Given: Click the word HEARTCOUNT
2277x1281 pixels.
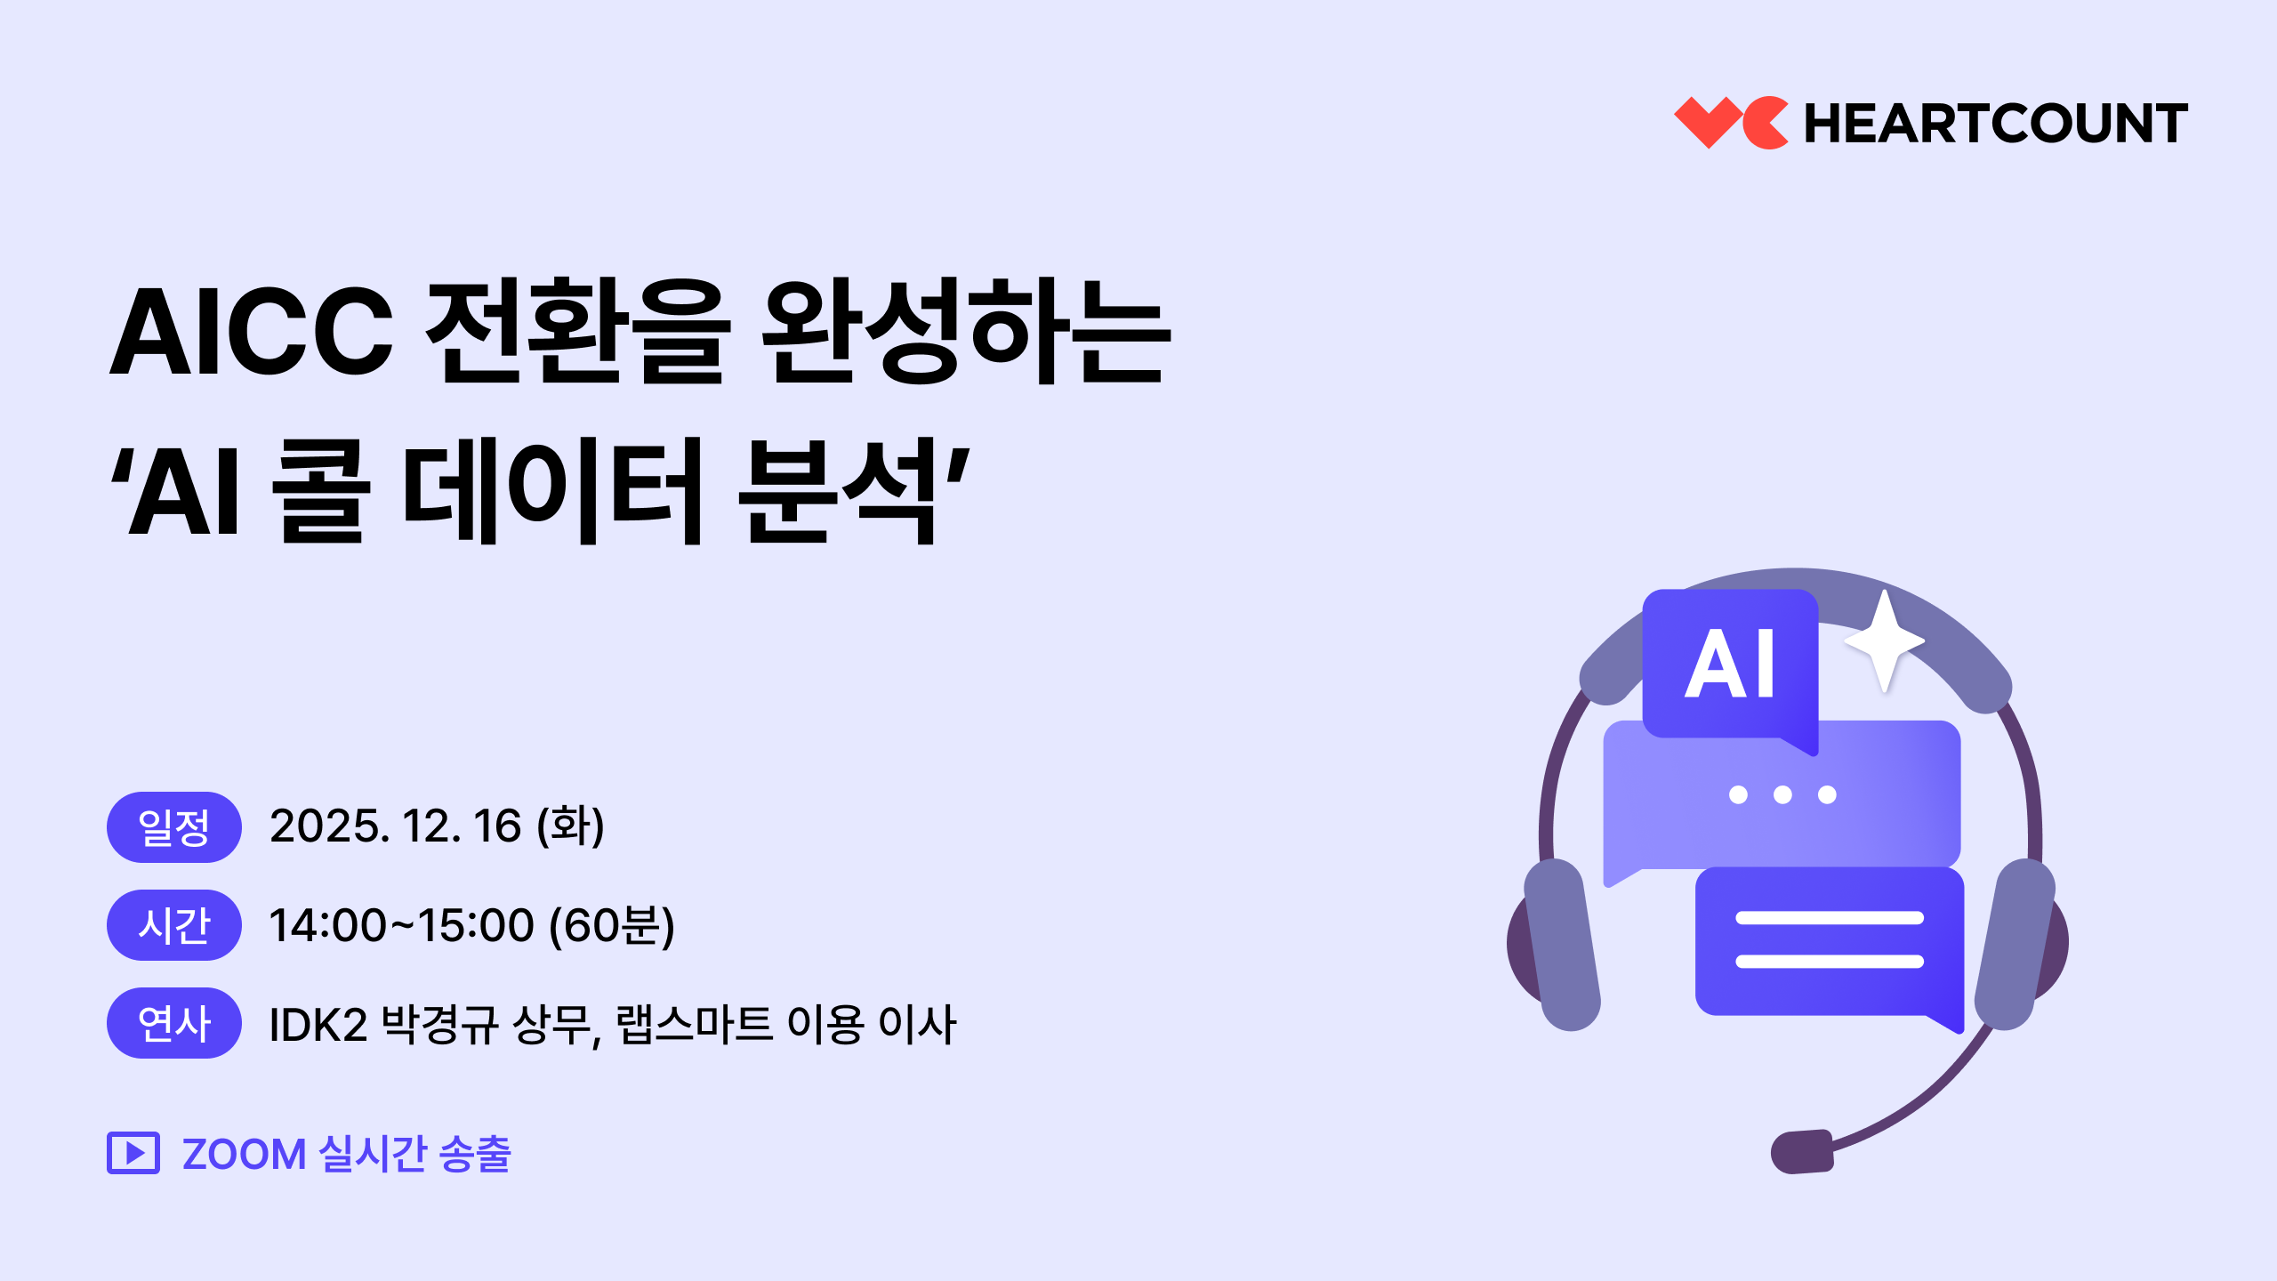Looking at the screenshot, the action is tap(1996, 124).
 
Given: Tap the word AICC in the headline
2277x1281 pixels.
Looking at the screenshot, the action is tap(251, 332).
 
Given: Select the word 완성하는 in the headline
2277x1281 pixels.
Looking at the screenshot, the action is tap(967, 331).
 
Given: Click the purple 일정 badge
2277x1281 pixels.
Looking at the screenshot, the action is tap(174, 827).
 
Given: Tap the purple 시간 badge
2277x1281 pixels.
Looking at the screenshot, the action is tap(174, 925).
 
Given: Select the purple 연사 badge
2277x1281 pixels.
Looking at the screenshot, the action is tap(174, 1023).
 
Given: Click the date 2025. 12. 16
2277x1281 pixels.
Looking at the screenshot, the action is tap(396, 826).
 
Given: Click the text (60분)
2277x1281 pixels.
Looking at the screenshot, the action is tap(612, 925).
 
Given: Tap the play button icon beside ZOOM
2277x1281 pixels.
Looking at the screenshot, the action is tap(133, 1153).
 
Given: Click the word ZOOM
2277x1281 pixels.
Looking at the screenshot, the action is tap(245, 1154).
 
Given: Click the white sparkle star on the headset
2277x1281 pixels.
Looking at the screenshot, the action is tap(1884, 640).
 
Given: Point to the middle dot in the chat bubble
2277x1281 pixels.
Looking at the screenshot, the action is tap(1782, 794).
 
